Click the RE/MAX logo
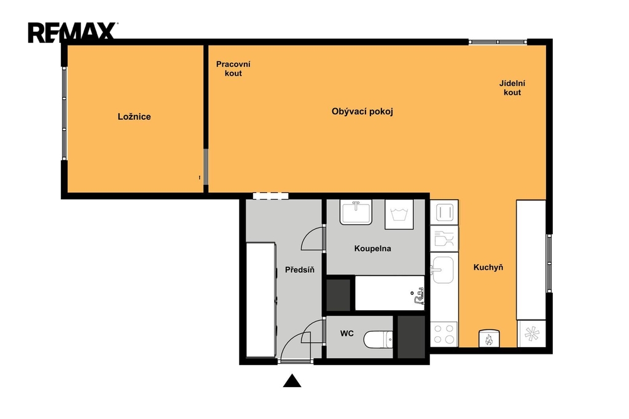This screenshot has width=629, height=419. pyautogui.click(x=72, y=33)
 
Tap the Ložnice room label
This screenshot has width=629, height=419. pyautogui.click(x=135, y=117)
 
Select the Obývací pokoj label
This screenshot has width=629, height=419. pyautogui.click(x=362, y=112)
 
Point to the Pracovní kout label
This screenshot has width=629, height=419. pyautogui.click(x=233, y=69)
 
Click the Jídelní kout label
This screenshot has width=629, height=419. pyautogui.click(x=512, y=88)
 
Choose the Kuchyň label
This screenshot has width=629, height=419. pyautogui.click(x=488, y=267)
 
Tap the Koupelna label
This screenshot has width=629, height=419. pyautogui.click(x=373, y=248)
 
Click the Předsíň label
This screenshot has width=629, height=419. pyautogui.click(x=300, y=270)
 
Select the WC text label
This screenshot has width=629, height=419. pyautogui.click(x=347, y=334)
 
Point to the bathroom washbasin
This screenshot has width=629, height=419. pyautogui.click(x=356, y=212)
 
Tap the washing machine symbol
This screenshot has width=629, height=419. pyautogui.click(x=399, y=214)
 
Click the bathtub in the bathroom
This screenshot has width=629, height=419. pyautogui.click(x=389, y=293)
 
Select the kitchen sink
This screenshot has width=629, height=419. pyautogui.click(x=443, y=270)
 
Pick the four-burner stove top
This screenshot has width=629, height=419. pyautogui.click(x=444, y=334)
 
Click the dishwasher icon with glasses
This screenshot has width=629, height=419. pyautogui.click(x=444, y=238)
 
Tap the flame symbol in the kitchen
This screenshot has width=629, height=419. pyautogui.click(x=489, y=339)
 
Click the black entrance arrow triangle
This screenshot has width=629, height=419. pyautogui.click(x=292, y=381)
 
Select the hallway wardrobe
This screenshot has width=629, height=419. pyautogui.click(x=260, y=300)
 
